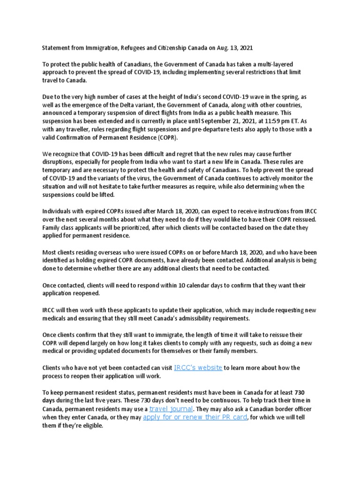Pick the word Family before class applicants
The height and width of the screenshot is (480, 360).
pyautogui.click(x=52, y=227)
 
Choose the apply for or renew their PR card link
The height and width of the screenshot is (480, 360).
pyautogui.click(x=195, y=417)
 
